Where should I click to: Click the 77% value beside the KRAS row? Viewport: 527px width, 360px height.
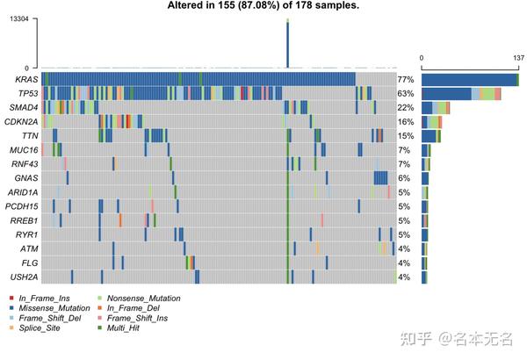click(x=405, y=80)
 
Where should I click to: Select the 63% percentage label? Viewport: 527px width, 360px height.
click(x=405, y=94)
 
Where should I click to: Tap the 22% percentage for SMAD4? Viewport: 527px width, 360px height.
click(x=405, y=108)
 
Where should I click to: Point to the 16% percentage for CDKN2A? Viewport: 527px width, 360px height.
click(x=405, y=122)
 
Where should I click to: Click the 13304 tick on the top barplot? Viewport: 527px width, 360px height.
click(x=19, y=18)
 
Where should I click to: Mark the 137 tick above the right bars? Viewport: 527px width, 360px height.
click(x=517, y=58)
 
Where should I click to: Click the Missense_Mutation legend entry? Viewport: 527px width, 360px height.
click(x=53, y=308)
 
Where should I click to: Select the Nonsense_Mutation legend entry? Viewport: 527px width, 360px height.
click(x=141, y=299)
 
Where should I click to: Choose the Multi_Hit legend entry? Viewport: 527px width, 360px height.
click(x=126, y=328)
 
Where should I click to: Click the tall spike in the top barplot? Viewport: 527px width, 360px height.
click(x=287, y=44)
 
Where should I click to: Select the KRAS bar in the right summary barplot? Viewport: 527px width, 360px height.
click(x=470, y=80)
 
